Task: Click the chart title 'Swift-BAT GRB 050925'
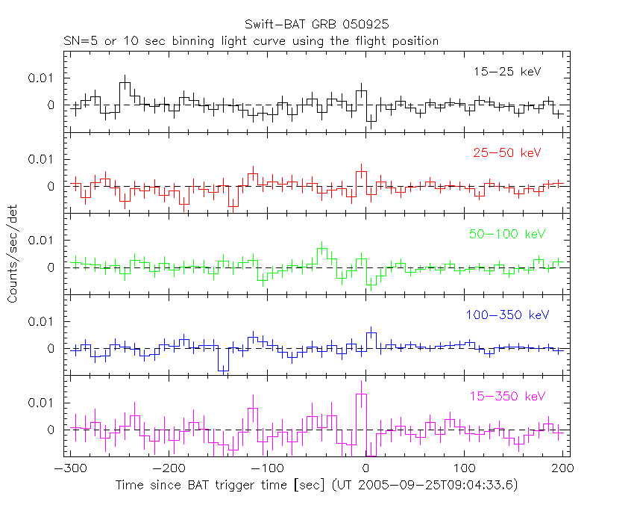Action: [x=316, y=26]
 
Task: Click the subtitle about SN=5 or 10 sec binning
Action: [x=250, y=41]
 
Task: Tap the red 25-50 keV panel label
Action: [x=507, y=153]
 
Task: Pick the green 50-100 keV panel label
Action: [x=507, y=234]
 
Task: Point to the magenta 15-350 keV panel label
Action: [x=507, y=396]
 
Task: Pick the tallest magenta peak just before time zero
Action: [x=361, y=394]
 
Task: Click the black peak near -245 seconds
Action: [x=125, y=83]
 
